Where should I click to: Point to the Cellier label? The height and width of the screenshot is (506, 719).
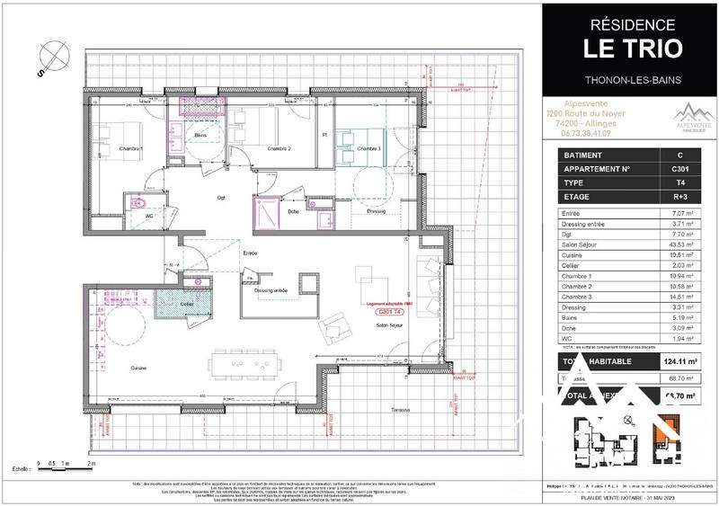coord(186,306)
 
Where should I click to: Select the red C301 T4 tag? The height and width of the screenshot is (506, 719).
coord(389,313)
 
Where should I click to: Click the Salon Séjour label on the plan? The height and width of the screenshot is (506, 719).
coord(388,324)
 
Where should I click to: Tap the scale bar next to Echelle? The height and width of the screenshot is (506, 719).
coord(63,466)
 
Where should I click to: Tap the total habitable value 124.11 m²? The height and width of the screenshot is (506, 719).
coord(680,362)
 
